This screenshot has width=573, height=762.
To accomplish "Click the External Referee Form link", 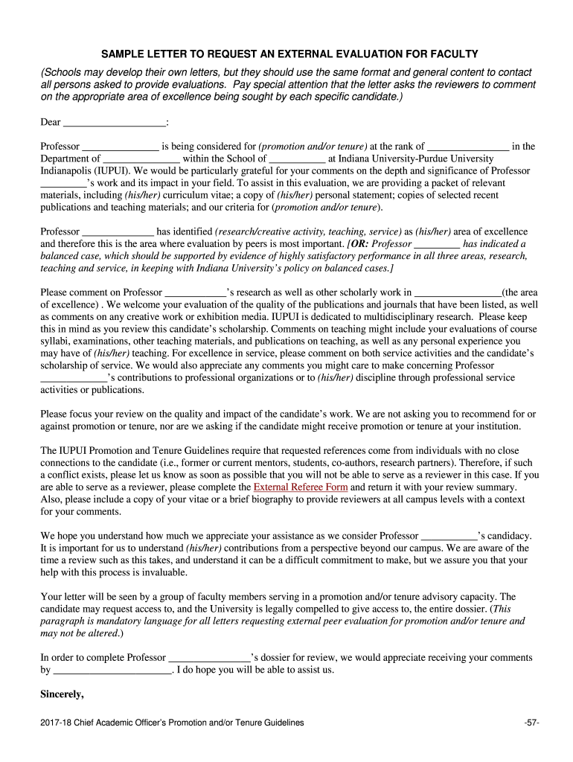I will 301,487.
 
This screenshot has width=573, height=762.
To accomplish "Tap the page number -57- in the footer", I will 531,723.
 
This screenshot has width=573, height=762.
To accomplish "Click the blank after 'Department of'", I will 141,159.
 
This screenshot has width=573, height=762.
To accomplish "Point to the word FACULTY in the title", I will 455,55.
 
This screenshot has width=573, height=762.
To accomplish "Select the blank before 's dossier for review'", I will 210,658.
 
